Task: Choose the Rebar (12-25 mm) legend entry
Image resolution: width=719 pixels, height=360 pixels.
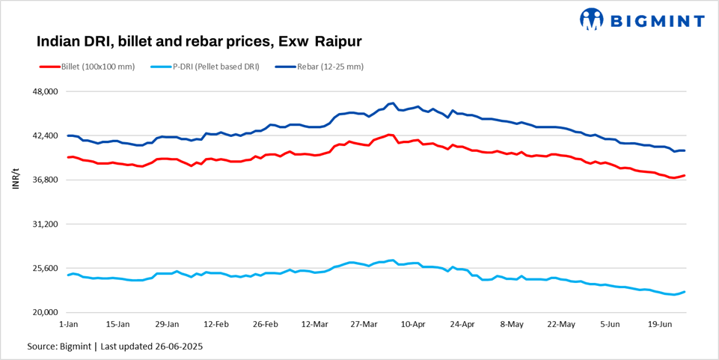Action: [327, 67]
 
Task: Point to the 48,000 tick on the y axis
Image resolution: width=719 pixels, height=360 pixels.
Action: [42, 92]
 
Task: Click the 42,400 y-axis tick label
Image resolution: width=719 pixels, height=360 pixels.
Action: [42, 136]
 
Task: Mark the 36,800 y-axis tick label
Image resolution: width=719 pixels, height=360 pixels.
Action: [42, 180]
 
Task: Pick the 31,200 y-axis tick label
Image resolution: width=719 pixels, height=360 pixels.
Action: [42, 225]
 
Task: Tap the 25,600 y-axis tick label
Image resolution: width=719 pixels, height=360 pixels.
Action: [42, 269]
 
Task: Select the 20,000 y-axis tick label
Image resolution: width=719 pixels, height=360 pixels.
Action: [42, 313]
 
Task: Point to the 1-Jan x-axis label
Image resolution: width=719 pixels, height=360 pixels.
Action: [68, 325]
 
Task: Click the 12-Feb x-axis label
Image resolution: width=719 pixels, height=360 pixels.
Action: [216, 325]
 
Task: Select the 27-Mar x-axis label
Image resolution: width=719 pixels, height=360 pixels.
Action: [364, 325]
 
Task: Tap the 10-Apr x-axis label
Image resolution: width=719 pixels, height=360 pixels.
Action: [414, 325]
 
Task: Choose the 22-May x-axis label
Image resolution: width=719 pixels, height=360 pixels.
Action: [561, 325]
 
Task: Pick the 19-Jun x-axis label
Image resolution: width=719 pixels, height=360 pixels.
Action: [660, 325]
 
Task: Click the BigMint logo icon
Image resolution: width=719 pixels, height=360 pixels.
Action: [592, 19]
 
